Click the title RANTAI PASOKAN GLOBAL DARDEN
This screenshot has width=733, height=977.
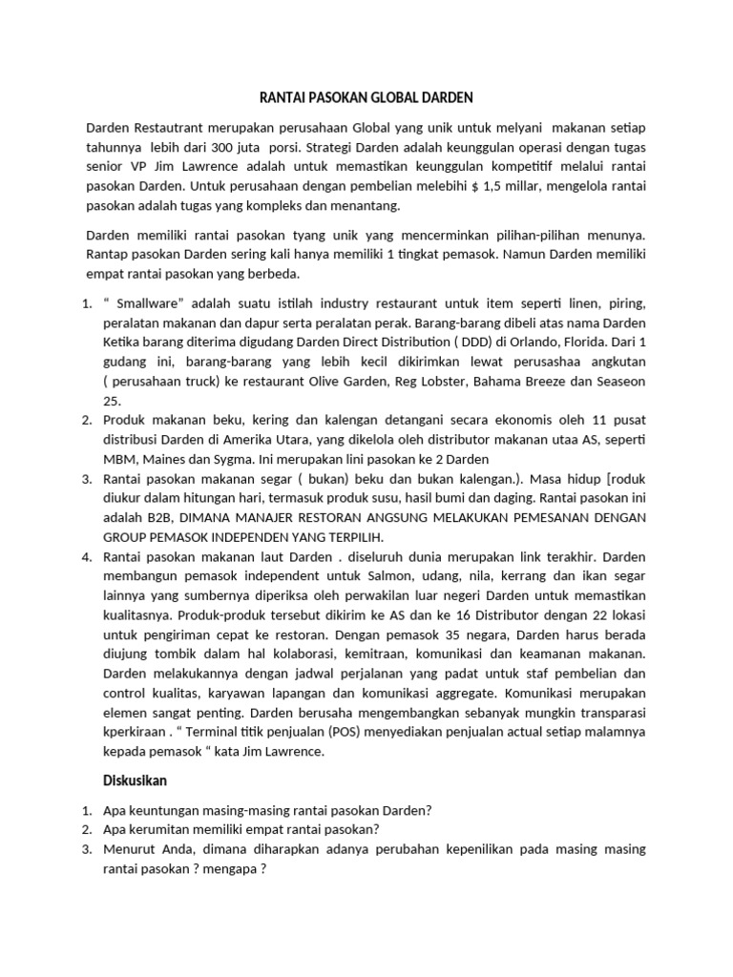[x=366, y=97]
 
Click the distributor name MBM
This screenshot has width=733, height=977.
[x=120, y=459]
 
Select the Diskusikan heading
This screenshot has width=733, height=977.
[x=135, y=780]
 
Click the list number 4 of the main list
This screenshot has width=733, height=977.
[x=87, y=556]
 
